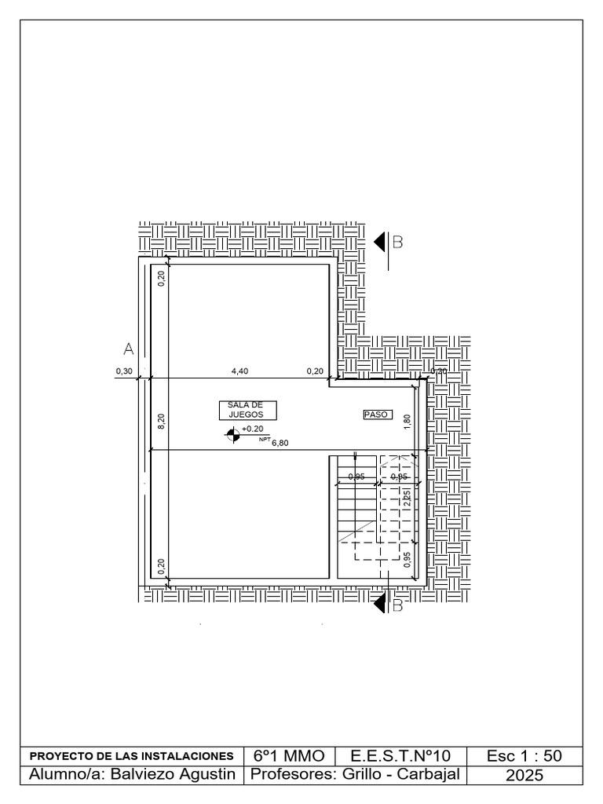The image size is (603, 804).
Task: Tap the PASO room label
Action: pos(377,415)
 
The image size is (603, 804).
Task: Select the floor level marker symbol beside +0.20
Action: pos(232,435)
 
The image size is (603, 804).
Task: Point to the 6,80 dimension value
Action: pos(280,444)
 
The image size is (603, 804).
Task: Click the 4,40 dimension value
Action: pos(239,371)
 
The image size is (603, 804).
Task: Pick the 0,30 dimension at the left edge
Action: pos(123,371)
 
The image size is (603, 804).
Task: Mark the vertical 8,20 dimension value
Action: pos(161,422)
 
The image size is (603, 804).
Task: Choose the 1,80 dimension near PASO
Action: pos(407,421)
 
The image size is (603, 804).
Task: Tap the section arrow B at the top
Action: pos(381,243)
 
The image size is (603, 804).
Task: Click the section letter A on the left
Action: pos(129,347)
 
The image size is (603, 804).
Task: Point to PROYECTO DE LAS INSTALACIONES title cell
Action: pos(131,756)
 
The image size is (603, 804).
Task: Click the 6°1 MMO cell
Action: pos(289,756)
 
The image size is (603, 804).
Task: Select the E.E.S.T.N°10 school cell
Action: pos(400,756)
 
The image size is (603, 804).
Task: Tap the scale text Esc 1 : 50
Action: pos(524,756)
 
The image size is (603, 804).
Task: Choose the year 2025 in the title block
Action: pos(524,776)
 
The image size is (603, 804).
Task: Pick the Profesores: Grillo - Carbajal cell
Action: pos(353,776)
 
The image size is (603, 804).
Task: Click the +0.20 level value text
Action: pos(252,429)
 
